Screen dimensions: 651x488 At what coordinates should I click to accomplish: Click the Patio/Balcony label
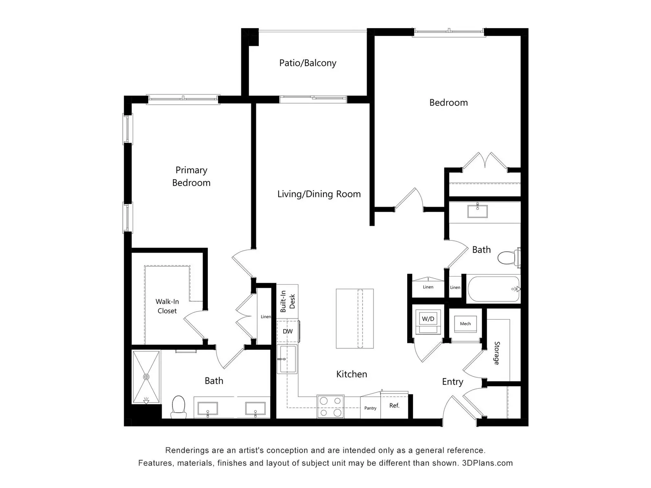tap(308, 63)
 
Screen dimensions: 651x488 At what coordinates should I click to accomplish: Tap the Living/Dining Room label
tap(319, 194)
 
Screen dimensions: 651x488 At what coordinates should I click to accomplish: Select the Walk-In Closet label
tap(167, 306)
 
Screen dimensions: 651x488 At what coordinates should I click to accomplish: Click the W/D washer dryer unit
tap(428, 322)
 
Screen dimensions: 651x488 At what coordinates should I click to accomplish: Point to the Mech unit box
tap(465, 324)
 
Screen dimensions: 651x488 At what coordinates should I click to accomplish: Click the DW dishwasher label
tap(288, 331)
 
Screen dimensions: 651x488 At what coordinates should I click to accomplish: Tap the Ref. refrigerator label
tap(394, 405)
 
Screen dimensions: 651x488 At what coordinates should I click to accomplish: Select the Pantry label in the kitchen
tap(370, 408)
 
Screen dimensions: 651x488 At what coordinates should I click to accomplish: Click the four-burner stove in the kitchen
tap(330, 407)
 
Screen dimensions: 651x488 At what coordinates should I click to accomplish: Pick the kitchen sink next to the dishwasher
tap(287, 359)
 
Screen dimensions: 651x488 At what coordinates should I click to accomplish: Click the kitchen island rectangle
tap(355, 318)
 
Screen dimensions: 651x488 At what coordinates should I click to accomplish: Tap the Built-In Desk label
tap(288, 301)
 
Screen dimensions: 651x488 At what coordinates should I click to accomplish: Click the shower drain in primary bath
tap(146, 377)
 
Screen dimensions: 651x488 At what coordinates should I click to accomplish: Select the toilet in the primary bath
tap(179, 407)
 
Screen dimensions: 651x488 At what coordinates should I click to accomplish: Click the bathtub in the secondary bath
tap(494, 289)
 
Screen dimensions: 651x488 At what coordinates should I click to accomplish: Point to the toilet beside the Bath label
tap(509, 257)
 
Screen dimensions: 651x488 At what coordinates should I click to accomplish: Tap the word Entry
tap(452, 382)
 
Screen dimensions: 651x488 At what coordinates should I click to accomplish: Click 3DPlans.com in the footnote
tap(487, 463)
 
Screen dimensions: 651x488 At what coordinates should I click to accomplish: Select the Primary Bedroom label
tap(191, 176)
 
